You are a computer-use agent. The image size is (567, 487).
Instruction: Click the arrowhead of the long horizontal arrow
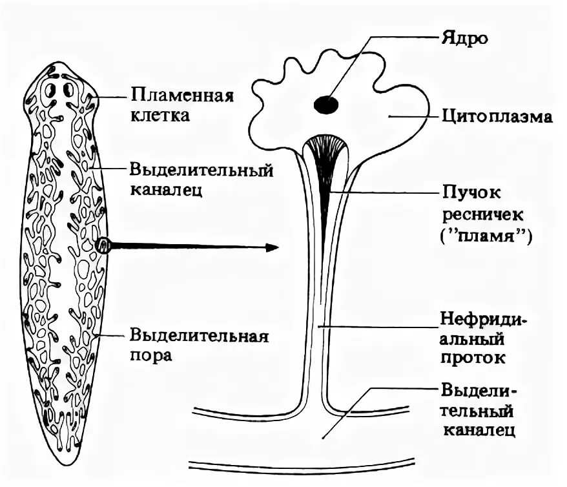click(x=273, y=247)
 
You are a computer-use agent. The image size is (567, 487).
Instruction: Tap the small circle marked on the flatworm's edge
click(x=102, y=245)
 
